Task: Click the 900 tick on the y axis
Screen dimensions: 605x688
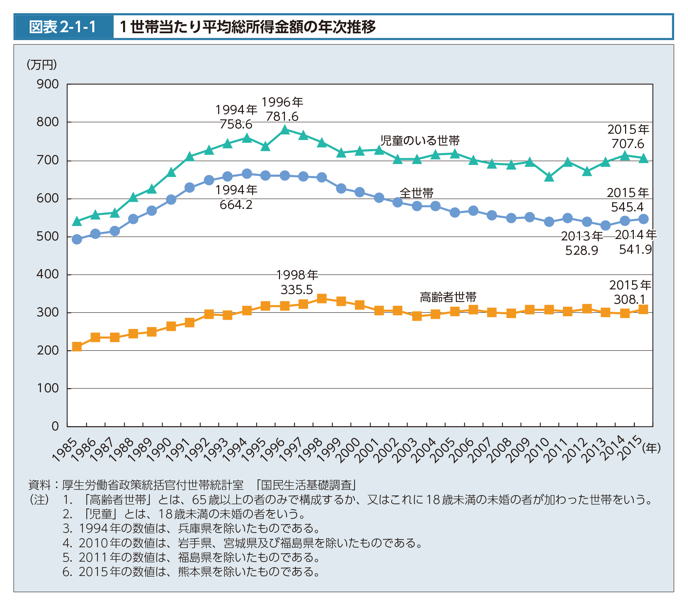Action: (48, 84)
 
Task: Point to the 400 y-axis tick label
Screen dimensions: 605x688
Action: (48, 274)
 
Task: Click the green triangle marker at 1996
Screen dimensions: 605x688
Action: (285, 130)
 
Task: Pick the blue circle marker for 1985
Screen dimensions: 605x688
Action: (77, 239)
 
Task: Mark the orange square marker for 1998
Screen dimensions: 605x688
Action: (322, 298)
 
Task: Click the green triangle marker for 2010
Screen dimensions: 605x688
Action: (549, 177)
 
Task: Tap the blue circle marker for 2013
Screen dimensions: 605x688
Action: (605, 226)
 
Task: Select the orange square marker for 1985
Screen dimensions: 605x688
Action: (77, 347)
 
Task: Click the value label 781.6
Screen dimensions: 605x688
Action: (282, 117)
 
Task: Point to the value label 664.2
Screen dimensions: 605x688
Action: (236, 205)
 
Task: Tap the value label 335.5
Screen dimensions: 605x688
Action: (297, 290)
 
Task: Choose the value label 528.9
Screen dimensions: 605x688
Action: (582, 251)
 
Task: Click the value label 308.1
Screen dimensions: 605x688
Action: (629, 300)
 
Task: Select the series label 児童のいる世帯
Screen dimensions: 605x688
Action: (420, 141)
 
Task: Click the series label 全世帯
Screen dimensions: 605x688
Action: (416, 193)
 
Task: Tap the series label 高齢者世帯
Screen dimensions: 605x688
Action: (448, 297)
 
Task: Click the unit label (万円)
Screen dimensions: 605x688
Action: (42, 65)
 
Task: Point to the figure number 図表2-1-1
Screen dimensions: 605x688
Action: (63, 27)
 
